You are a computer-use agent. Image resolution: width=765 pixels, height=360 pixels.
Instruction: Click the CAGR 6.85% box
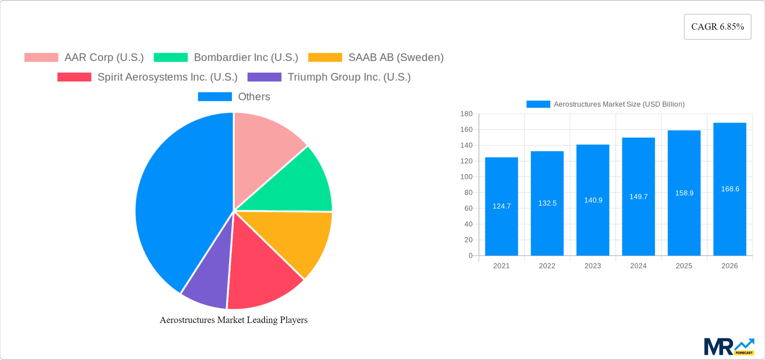[x=717, y=27]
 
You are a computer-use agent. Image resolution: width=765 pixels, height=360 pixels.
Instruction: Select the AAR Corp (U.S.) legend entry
[x=84, y=57]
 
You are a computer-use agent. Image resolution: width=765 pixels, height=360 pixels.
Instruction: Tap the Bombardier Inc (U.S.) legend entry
[x=226, y=57]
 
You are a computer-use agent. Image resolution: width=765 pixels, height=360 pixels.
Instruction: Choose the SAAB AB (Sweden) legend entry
[x=376, y=57]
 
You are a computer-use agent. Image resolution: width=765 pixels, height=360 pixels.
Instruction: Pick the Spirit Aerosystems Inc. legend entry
[x=147, y=77]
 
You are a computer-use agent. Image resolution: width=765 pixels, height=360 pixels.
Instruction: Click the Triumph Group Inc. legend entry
[x=329, y=77]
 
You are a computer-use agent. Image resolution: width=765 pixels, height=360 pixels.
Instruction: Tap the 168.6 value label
[x=730, y=189]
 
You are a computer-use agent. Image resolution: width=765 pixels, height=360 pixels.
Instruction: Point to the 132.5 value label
[x=547, y=203]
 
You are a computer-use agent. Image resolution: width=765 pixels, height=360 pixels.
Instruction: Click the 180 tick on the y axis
[x=466, y=114]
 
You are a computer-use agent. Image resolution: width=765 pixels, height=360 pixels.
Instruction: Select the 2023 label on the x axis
[x=592, y=266]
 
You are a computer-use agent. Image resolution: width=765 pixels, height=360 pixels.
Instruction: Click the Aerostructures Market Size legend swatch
[x=538, y=104]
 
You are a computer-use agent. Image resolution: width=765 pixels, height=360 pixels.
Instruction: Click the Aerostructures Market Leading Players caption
[x=233, y=320]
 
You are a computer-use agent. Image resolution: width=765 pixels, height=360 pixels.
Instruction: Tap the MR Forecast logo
[x=729, y=347]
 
